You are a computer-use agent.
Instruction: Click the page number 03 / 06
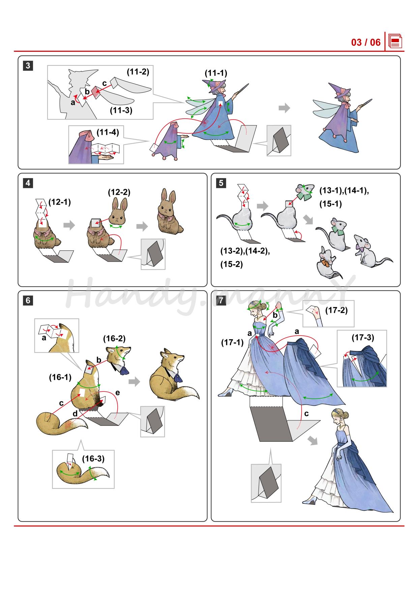366,42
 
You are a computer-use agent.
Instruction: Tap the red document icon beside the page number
395,41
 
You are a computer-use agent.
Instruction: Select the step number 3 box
28,65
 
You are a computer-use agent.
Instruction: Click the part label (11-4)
108,132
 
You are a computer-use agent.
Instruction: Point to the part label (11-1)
216,73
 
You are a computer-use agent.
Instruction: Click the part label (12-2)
119,192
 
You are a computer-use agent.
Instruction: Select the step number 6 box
28,300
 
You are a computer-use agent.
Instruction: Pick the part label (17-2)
336,310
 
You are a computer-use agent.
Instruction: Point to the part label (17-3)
363,337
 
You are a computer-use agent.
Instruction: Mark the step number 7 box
221,300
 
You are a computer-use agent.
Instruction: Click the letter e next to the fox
118,393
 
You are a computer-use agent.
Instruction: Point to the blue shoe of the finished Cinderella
310,501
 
